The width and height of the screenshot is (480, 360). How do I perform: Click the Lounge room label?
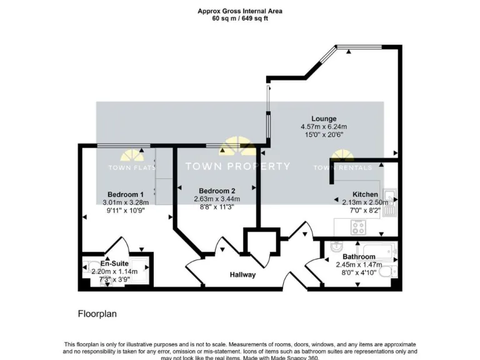tap(324, 119)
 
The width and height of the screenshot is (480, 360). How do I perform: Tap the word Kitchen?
tap(365, 194)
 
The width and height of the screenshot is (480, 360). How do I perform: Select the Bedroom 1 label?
tap(125, 194)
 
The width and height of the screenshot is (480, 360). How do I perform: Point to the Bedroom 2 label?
tap(217, 191)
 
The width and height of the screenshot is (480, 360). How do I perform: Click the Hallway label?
tap(242, 275)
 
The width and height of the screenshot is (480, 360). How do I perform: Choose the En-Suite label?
tap(114, 264)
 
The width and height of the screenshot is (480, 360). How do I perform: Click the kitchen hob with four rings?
tap(359, 227)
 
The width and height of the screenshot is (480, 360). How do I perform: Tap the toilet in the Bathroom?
tap(391, 271)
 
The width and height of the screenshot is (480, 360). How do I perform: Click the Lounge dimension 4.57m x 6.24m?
tap(324, 127)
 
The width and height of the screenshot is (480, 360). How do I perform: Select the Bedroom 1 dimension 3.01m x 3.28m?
tap(125, 202)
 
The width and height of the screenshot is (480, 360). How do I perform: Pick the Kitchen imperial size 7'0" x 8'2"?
tap(365, 211)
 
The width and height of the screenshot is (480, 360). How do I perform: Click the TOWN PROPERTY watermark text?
tap(237, 166)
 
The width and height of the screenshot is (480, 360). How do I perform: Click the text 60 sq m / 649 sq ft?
tap(240, 19)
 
